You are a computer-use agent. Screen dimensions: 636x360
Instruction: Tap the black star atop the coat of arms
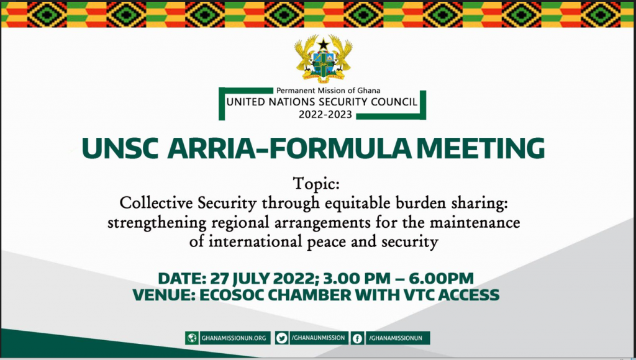point(323,44)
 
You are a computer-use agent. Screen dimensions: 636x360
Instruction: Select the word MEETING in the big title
point(481,148)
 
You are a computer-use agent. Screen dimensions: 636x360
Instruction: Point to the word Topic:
point(316,184)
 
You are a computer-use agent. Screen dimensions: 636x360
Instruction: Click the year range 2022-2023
point(325,115)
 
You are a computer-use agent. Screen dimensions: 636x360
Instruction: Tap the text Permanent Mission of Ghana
point(328,91)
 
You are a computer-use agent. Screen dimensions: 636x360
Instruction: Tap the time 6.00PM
point(442,279)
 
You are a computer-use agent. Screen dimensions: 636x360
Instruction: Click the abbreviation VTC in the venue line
point(420,295)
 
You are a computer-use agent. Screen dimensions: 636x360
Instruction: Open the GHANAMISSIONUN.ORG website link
point(234,338)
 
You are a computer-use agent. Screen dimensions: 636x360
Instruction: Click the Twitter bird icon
point(281,338)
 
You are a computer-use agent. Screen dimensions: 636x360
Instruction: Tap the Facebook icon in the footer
point(357,338)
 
